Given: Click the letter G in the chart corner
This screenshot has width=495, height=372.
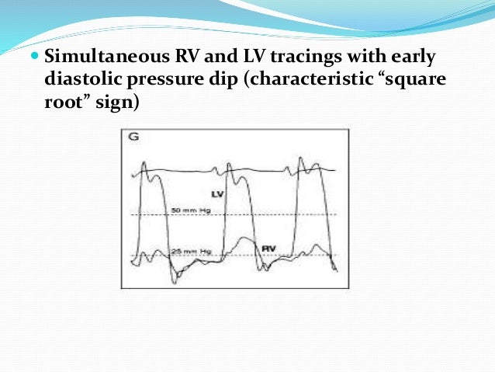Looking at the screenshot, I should (x=133, y=137).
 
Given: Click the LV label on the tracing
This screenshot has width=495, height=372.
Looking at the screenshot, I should (x=217, y=193).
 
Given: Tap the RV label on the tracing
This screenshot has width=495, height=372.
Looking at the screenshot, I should (x=268, y=248).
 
